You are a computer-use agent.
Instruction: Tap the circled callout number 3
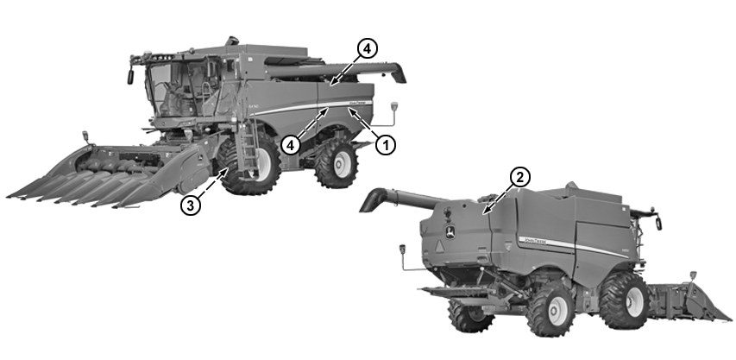click(x=192, y=206)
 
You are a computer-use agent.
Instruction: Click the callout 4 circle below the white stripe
click(x=291, y=145)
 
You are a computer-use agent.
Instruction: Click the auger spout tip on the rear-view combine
click(x=369, y=204)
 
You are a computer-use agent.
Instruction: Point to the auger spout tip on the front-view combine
click(x=399, y=75)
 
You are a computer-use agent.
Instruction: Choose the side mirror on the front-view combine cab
click(x=131, y=76)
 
